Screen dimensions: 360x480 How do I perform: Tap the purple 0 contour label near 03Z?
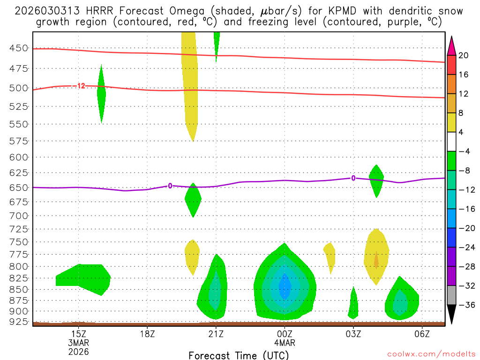point(353,178)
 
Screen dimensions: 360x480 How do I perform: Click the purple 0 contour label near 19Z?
point(170,186)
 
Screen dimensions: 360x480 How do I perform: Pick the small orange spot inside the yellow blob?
point(376,259)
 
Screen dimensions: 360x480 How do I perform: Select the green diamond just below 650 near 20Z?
point(193,200)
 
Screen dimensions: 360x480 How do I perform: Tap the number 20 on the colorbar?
point(464,55)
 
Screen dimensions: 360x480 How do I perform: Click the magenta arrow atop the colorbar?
point(451,46)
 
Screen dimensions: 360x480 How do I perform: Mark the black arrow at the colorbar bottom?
point(451,314)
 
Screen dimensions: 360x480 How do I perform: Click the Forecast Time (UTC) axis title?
point(239,355)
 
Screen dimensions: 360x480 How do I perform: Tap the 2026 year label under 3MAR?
point(78,351)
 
